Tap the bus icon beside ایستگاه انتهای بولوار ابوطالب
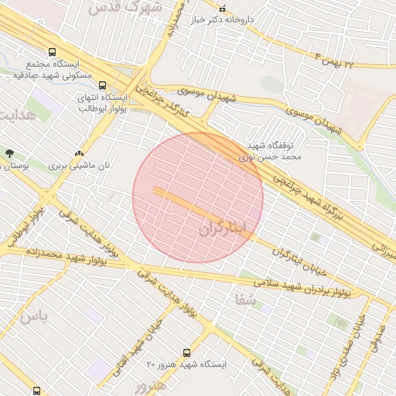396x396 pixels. [x=103, y=87]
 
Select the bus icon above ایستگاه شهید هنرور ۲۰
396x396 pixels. [x=186, y=353]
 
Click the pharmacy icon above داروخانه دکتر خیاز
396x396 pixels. [x=223, y=9]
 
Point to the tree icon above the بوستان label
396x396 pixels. [x=9, y=153]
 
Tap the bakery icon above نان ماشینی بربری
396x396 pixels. [x=80, y=153]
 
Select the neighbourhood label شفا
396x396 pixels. [x=244, y=298]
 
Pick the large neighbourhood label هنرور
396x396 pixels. [x=149, y=384]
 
